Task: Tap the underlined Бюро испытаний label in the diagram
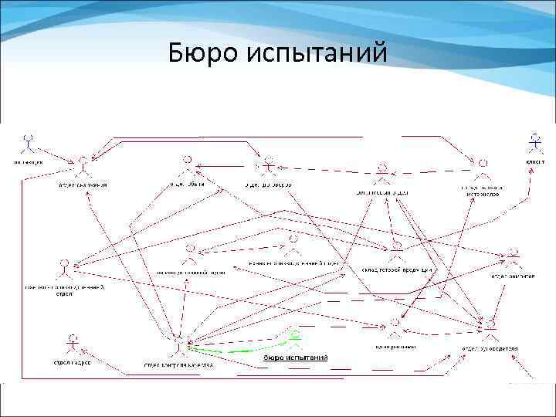coord(296,357)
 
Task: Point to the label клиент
coord(535,161)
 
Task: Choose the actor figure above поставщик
coord(29,143)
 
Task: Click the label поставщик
coord(28,161)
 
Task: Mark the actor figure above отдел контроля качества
coord(179,344)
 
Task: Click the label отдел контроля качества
coord(178,364)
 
